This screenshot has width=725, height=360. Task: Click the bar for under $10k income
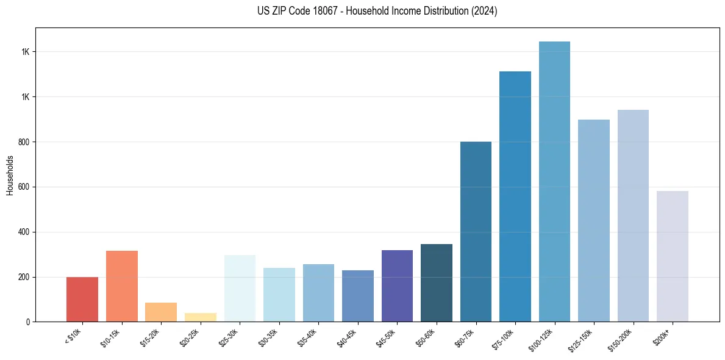click(82, 300)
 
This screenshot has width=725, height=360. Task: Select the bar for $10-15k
click(122, 286)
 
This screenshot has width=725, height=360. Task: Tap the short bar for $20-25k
click(201, 317)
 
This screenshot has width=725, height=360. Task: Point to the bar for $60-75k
click(476, 232)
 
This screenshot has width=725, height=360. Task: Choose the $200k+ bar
click(673, 256)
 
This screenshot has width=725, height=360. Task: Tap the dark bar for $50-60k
click(437, 283)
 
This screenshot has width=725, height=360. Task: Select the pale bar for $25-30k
click(240, 288)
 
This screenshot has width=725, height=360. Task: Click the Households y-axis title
click(10, 175)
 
